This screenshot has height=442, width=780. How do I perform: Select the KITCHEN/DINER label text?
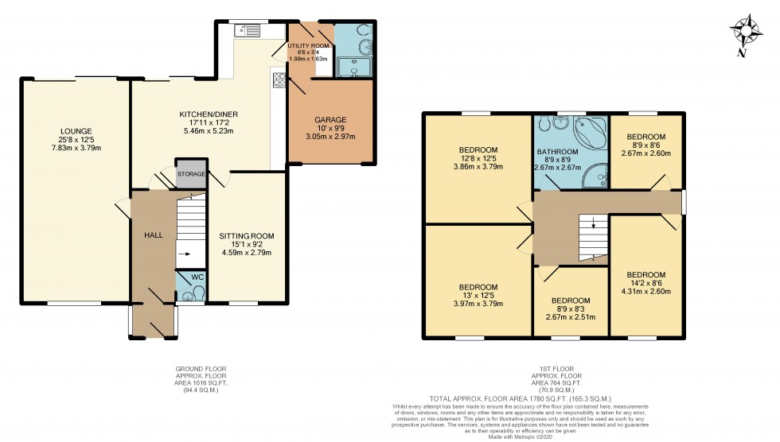pos(209,114)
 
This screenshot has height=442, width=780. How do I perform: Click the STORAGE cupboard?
pos(191,174)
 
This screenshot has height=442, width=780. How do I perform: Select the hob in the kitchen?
pos(279,79)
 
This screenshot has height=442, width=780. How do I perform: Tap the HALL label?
pos(154,235)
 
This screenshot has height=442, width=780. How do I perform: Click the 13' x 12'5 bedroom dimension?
pos(478,295)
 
